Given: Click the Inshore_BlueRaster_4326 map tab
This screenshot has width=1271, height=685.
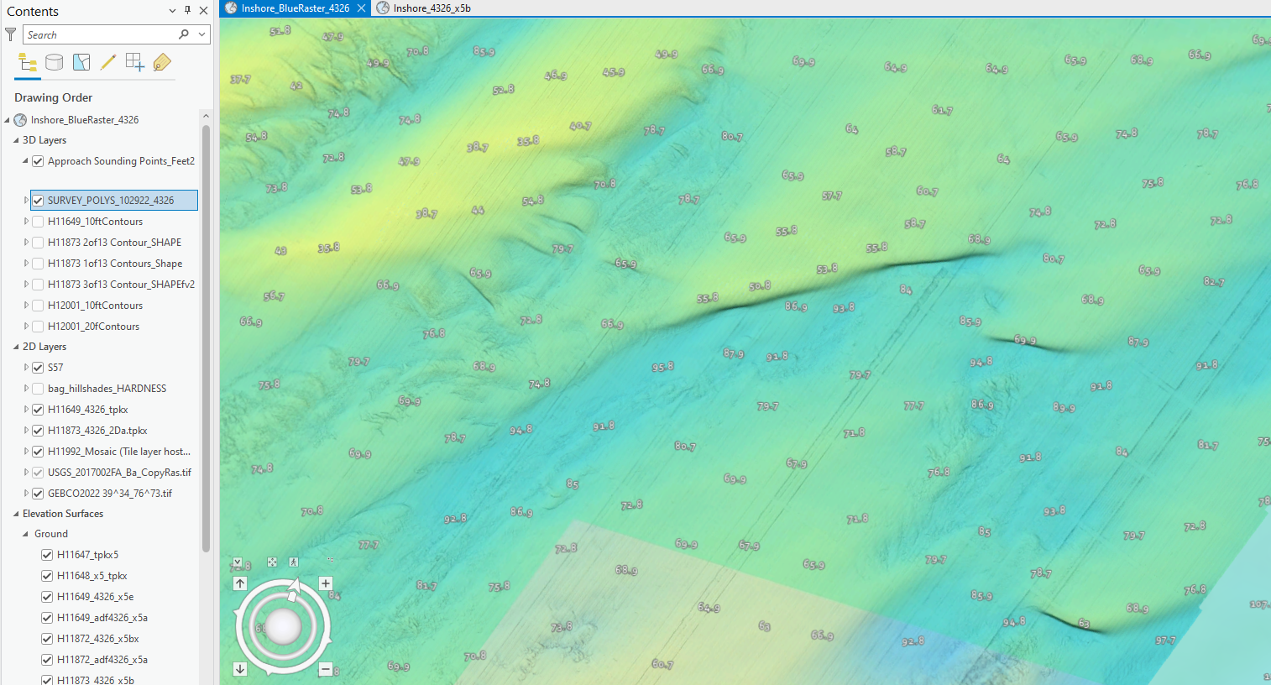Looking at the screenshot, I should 295,8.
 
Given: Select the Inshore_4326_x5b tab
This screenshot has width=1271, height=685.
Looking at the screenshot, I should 432,8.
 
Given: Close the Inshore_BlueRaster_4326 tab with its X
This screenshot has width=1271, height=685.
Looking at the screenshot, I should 361,8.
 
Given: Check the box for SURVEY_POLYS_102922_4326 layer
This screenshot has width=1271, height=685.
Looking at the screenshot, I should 38,201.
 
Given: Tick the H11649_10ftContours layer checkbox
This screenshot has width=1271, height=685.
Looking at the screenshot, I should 38,222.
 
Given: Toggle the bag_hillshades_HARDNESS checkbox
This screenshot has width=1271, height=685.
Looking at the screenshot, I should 38,389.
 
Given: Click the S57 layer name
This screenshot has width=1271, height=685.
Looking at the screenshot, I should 55,368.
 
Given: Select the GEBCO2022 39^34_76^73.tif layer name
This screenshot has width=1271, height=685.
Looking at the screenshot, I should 110,494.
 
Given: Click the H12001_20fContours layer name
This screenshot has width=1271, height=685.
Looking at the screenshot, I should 93,327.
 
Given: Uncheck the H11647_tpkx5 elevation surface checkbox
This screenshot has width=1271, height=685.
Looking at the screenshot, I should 47,555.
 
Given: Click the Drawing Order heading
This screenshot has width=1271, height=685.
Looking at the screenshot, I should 53,97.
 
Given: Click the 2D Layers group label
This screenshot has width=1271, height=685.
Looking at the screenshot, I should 44,347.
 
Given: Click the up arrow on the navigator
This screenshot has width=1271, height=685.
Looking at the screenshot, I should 240,583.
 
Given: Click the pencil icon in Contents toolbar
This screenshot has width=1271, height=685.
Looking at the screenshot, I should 107,62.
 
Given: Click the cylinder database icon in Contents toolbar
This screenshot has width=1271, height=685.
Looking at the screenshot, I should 54,62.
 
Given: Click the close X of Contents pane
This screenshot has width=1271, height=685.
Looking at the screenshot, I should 203,11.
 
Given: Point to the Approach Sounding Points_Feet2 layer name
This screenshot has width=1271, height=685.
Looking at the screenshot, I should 121,161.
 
